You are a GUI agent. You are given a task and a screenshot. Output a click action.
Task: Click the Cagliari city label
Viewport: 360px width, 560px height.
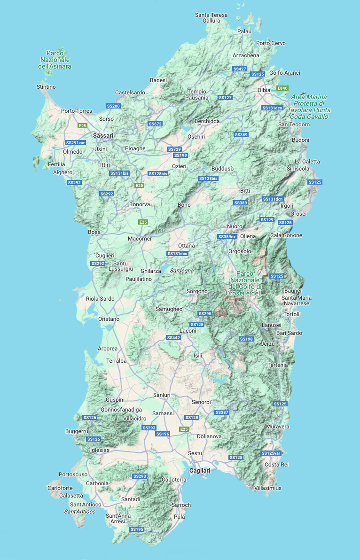click(x=200, y=470)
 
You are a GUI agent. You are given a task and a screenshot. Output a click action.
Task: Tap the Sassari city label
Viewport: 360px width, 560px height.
click(x=103, y=135)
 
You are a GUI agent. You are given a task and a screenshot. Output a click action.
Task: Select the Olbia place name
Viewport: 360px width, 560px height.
click(x=264, y=90)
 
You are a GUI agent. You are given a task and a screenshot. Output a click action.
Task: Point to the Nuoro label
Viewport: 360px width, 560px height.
click(x=235, y=226)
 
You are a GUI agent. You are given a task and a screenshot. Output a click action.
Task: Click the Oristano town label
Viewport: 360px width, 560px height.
click(x=109, y=319)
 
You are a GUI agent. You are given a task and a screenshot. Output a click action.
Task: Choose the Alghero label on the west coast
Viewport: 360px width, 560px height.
click(x=63, y=172)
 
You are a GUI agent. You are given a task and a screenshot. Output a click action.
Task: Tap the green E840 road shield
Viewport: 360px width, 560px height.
click(x=282, y=88)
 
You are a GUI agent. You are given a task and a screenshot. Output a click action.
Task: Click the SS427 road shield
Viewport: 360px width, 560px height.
click(x=240, y=69)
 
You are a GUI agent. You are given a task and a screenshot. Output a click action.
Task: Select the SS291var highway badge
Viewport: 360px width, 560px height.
click(x=75, y=143)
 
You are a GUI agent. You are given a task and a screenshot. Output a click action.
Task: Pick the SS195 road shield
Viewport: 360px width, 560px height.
click(x=137, y=529)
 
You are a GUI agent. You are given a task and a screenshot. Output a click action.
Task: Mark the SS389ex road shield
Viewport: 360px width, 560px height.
click(x=227, y=237)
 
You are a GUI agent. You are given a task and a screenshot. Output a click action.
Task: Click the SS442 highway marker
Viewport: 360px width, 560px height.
click(x=173, y=338)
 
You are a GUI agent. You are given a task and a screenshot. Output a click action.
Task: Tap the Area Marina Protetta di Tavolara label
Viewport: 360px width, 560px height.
click(x=309, y=107)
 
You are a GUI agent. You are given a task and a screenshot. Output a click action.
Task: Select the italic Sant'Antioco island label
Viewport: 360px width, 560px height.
click(x=80, y=512)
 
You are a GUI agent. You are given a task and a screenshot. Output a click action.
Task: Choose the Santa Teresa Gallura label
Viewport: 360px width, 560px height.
click(x=211, y=18)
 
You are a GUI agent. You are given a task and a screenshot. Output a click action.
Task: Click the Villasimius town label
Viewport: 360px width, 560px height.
click(x=268, y=488)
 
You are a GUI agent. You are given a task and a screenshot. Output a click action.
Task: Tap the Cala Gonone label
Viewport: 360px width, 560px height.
click(x=286, y=235)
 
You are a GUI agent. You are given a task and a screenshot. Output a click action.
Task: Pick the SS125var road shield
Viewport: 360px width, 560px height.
click(x=271, y=453)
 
